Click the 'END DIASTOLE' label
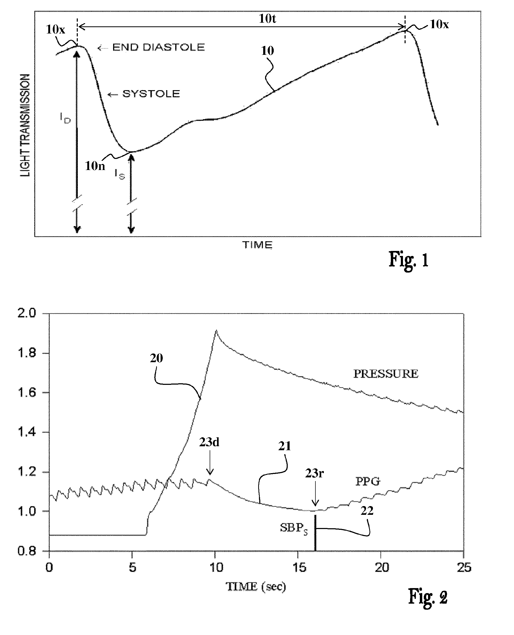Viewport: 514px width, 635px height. point(158,47)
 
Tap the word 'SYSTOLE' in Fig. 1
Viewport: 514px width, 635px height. point(151,94)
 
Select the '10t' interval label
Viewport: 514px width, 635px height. point(267,19)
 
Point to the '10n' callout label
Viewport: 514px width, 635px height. point(95,166)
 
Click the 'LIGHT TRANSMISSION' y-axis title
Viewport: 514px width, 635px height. point(25,125)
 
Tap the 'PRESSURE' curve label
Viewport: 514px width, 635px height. point(386,374)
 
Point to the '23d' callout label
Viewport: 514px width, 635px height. point(209,442)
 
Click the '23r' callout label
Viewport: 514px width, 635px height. point(314,473)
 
